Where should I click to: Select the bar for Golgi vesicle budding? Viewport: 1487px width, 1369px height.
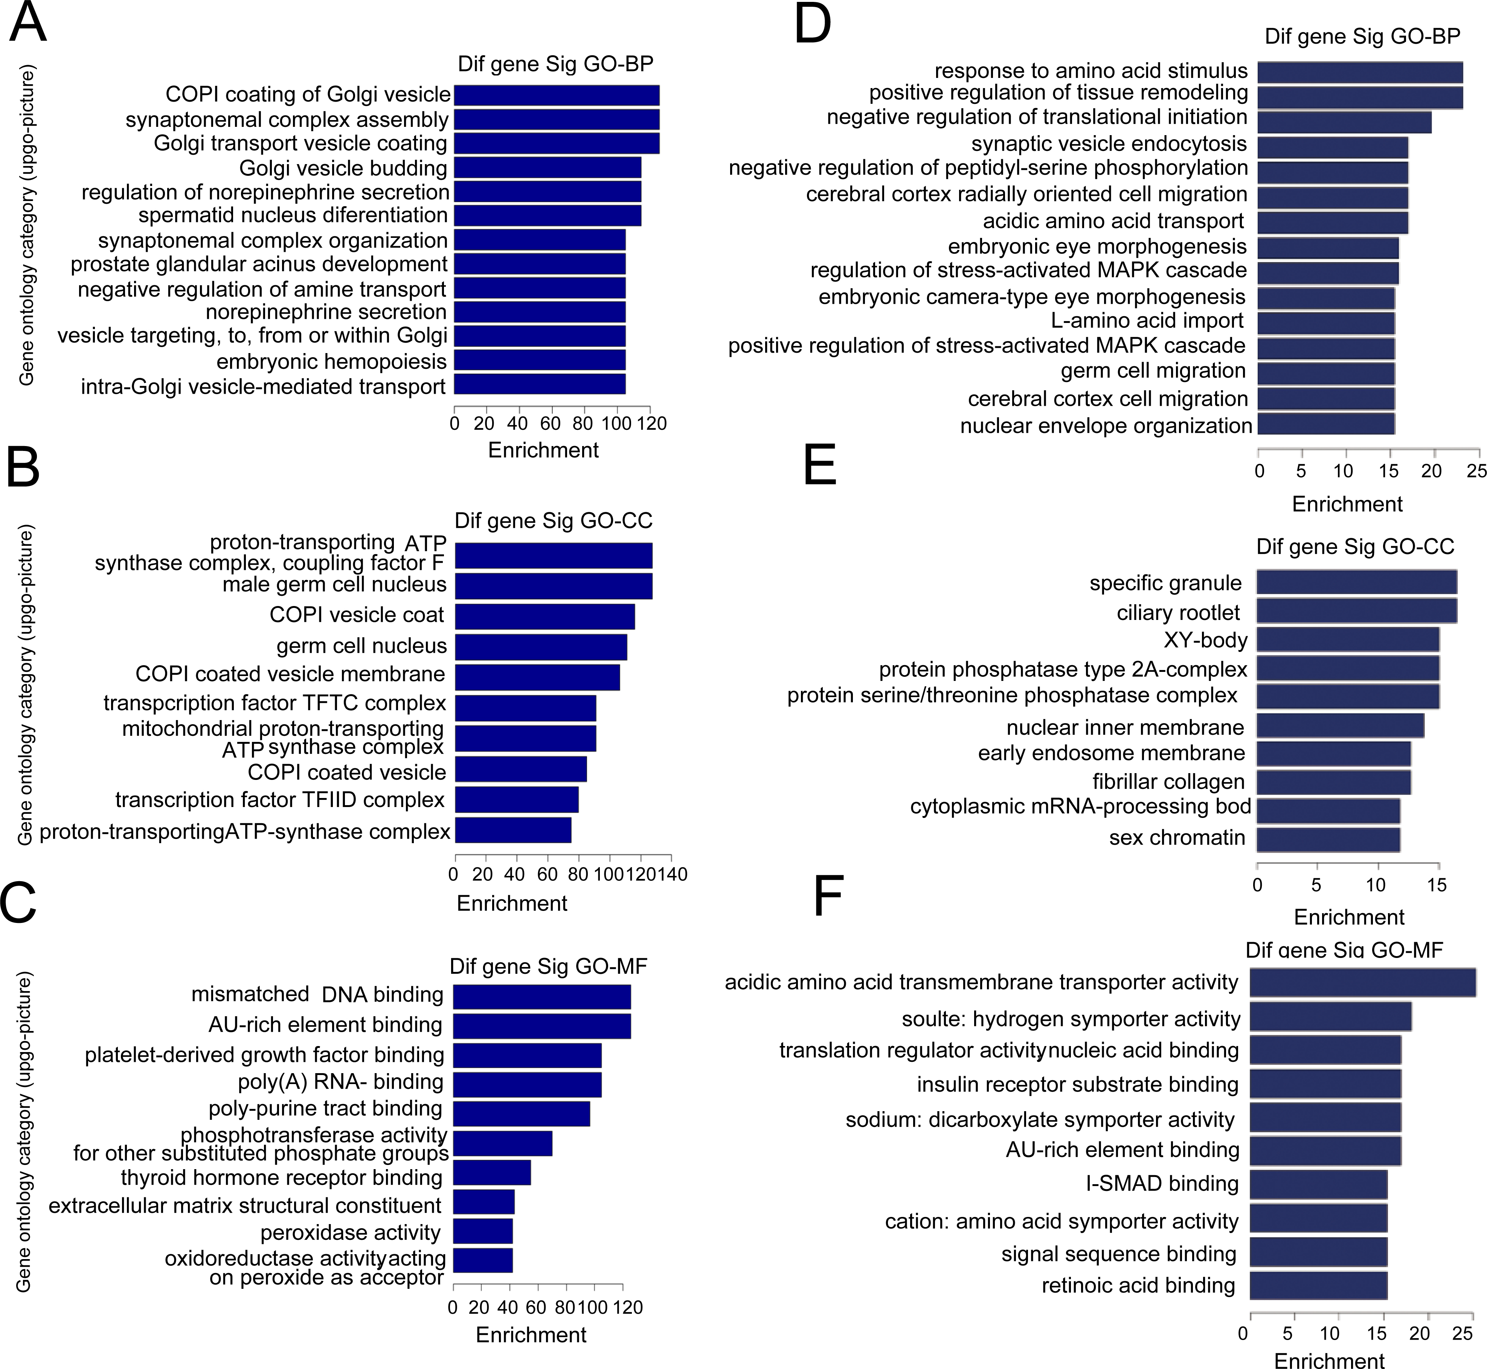pyautogui.click(x=548, y=168)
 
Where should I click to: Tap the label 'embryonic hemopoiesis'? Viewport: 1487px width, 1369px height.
pyautogui.click(x=331, y=361)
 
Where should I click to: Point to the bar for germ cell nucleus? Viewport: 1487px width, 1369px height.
pyautogui.click(x=541, y=647)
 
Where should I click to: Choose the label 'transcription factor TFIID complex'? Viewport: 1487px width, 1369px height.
pyautogui.click(x=280, y=800)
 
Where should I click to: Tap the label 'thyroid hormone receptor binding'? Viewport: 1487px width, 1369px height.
pyautogui.click(x=282, y=1177)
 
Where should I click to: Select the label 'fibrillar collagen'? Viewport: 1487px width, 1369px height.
pyautogui.click(x=1168, y=781)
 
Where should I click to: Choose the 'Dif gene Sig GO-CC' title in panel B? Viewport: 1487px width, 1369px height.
pyautogui.click(x=554, y=521)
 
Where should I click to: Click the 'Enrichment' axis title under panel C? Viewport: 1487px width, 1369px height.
pyautogui.click(x=531, y=1335)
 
